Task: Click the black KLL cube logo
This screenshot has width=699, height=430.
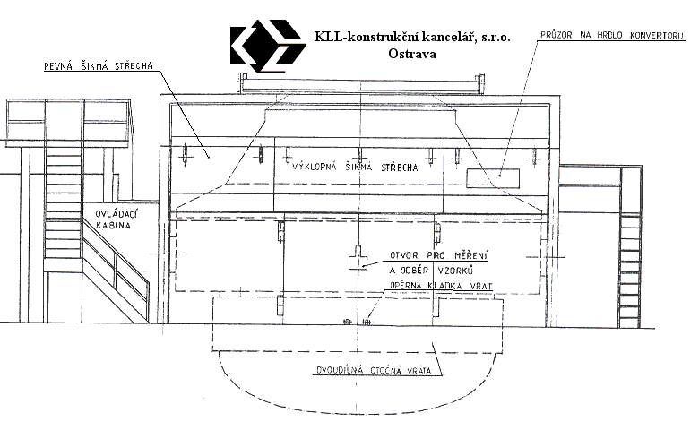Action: [x=268, y=46]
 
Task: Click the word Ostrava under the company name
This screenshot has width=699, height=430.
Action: [x=412, y=54]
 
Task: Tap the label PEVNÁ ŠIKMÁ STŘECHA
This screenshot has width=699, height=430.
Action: [x=99, y=66]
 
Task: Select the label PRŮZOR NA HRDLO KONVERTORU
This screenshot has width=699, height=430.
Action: [x=611, y=35]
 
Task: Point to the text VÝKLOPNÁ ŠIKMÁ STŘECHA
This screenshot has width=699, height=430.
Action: [x=355, y=168]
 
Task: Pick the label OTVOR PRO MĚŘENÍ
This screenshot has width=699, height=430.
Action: [x=438, y=256]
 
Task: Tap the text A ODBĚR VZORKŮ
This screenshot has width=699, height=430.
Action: [x=431, y=271]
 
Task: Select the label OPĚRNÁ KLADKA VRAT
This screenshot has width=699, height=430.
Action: [x=441, y=286]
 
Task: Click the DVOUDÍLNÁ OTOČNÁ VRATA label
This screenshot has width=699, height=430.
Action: [x=374, y=370]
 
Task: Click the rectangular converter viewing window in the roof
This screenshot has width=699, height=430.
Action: [x=493, y=178]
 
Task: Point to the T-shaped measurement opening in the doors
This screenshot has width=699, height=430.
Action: [x=358, y=257]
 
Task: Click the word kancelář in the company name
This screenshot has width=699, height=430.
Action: [x=450, y=37]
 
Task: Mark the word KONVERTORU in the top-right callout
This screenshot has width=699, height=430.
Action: [x=656, y=35]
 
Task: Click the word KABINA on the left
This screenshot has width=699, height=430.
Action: [x=113, y=226]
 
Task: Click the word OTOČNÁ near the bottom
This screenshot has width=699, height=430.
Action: [x=384, y=370]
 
